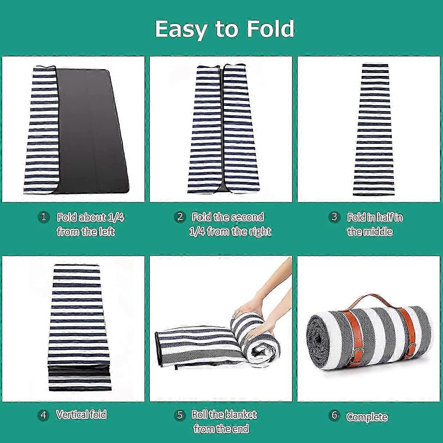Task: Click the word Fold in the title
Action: tap(270, 29)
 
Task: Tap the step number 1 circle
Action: tap(44, 217)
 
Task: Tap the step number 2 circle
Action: tap(180, 217)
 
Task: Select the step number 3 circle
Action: tap(334, 217)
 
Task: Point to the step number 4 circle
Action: tap(43, 415)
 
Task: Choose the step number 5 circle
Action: tap(180, 415)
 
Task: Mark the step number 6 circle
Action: tap(334, 415)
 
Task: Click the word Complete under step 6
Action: tap(367, 417)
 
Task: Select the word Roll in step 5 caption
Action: tap(200, 414)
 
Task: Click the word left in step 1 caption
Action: tap(107, 231)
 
